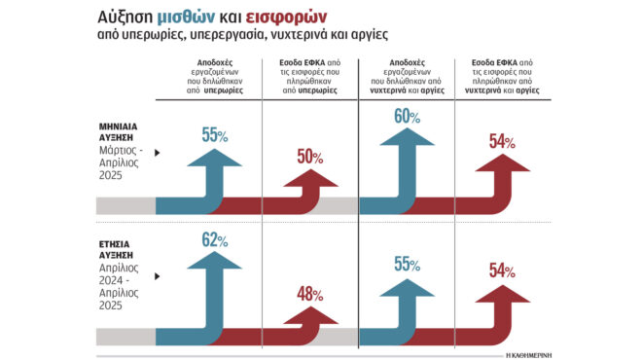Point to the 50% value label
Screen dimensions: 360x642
(310, 159)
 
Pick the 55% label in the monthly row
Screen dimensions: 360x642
(215, 135)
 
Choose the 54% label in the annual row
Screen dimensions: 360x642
(503, 271)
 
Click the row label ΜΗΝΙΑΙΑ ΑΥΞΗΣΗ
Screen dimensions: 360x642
(125, 133)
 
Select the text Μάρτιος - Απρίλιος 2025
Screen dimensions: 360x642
(124, 160)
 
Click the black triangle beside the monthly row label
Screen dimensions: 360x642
(157, 153)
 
